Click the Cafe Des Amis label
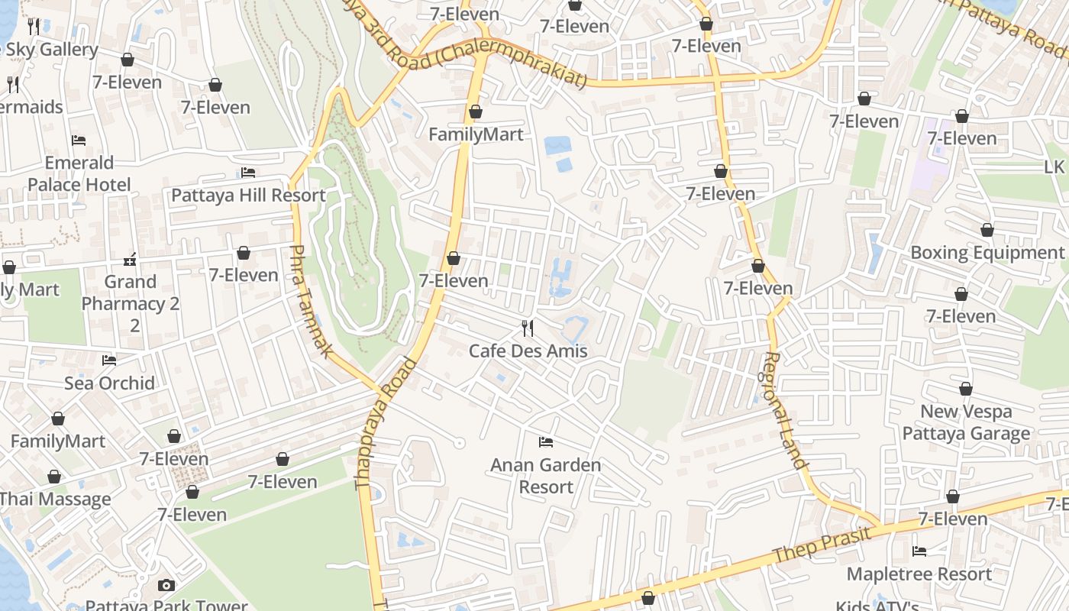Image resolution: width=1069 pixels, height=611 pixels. tap(528, 351)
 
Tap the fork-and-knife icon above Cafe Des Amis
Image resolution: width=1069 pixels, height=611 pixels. tap(528, 328)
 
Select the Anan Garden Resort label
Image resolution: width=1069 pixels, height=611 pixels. tap(545, 475)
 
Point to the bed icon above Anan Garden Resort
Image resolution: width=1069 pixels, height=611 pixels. tap(545, 441)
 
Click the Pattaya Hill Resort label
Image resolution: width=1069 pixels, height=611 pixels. tap(248, 195)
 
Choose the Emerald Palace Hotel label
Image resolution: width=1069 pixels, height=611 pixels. tap(79, 173)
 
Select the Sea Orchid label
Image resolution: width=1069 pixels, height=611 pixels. tap(109, 383)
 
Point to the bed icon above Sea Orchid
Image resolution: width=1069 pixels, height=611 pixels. tap(109, 360)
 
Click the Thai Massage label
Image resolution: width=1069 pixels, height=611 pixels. tap(55, 499)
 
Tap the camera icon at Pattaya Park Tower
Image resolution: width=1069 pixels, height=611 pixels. tap(166, 585)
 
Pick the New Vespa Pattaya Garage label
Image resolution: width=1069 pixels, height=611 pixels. tap(966, 422)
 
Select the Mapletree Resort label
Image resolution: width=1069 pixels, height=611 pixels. tap(919, 574)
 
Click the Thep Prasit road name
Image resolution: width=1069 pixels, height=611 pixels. tap(822, 544)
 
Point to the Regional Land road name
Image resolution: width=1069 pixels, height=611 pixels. tap(786, 410)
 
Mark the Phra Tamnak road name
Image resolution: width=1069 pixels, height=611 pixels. tap(312, 301)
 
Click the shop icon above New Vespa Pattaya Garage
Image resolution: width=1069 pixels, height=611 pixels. tap(966, 390)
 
